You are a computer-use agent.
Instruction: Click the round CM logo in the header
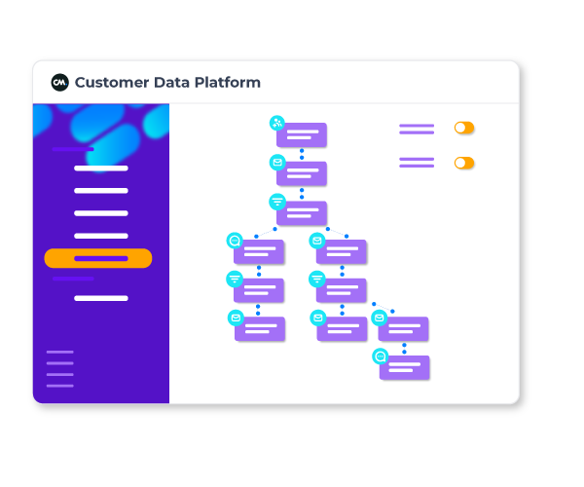(60, 83)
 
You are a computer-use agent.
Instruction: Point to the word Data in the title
(174, 83)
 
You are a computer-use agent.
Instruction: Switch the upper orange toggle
(464, 128)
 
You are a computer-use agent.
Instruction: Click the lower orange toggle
(464, 163)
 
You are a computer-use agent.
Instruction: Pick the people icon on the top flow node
(277, 123)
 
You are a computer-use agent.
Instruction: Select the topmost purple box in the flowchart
(302, 135)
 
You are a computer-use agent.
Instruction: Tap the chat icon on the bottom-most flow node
(381, 356)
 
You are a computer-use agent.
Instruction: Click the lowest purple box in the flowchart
(405, 368)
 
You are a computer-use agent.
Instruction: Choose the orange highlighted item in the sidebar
(98, 258)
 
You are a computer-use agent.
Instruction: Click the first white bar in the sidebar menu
(101, 169)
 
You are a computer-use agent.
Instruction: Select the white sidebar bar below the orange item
(101, 298)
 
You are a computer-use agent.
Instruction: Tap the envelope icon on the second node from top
(277, 162)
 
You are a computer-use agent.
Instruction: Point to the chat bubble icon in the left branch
(234, 240)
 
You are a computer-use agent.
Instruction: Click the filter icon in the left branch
(235, 279)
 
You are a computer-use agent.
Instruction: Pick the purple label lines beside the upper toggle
(417, 128)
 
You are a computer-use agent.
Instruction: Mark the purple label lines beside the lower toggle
(417, 163)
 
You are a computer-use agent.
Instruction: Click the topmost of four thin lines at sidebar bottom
(60, 352)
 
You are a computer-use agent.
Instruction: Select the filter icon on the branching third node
(277, 202)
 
